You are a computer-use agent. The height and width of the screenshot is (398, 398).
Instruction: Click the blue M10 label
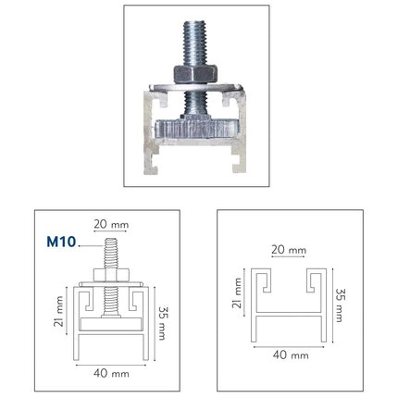tap(61, 243)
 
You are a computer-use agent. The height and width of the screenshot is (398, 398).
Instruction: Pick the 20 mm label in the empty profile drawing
tap(289, 250)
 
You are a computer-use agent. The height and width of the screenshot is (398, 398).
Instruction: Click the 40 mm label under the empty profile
tap(289, 353)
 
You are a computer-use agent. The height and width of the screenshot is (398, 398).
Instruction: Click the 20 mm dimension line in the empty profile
tap(289, 260)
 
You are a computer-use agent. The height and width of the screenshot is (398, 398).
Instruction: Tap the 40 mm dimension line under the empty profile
tap(289, 343)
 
